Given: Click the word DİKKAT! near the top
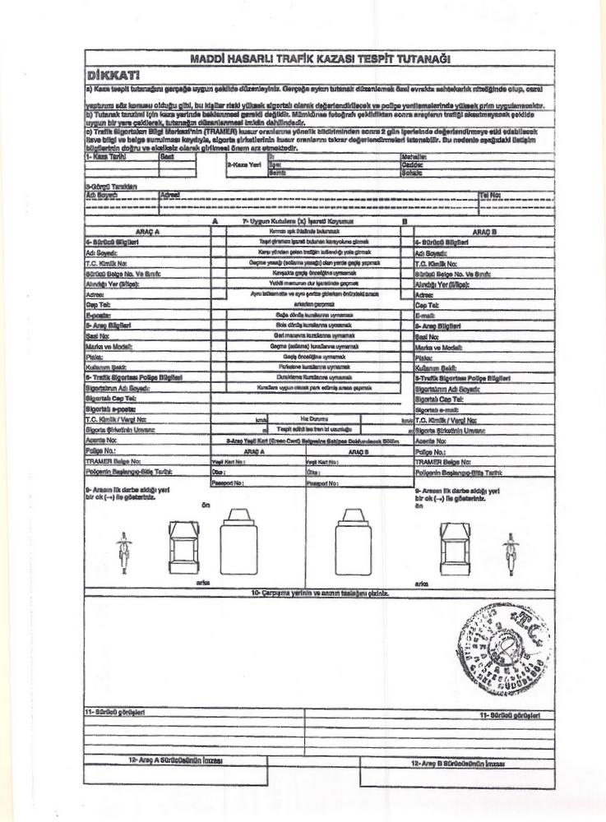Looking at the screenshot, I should point(111,74).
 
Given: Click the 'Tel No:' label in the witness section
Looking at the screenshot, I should point(492,196).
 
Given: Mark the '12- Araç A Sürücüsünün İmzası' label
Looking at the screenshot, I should point(176,761).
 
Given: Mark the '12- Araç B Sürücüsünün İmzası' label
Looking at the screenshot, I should point(451,761).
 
